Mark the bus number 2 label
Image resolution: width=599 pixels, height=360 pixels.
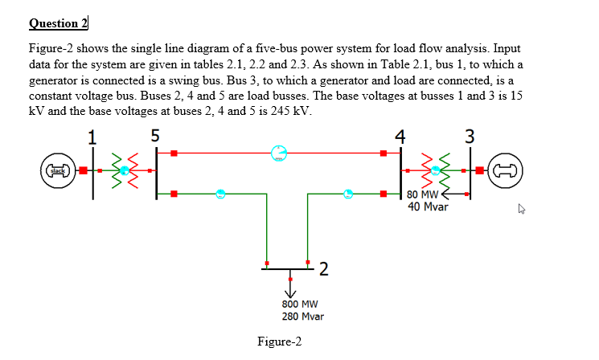[x=322, y=268]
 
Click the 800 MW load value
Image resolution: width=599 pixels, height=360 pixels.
[x=300, y=305]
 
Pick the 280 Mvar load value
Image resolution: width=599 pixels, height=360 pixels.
[x=302, y=317]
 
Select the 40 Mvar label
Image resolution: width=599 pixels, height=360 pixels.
[x=428, y=207]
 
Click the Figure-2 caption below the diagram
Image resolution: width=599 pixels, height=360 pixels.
[x=280, y=342]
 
